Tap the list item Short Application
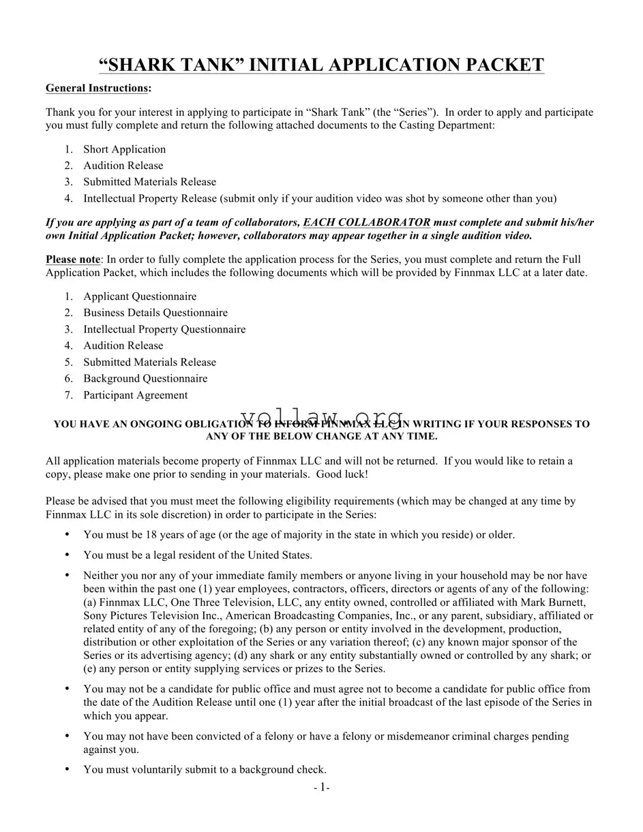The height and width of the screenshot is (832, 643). coord(124,149)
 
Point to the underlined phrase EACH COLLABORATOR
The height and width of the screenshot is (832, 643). coord(366,222)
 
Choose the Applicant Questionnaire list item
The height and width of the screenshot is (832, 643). coord(140,296)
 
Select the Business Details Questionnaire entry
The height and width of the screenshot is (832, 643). coord(155,313)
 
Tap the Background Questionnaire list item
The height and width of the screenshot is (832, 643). coord(145,378)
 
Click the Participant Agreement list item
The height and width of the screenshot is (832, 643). coord(135,395)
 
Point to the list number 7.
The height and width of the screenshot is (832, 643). coord(68,395)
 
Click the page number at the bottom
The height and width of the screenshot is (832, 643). coord(321,788)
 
